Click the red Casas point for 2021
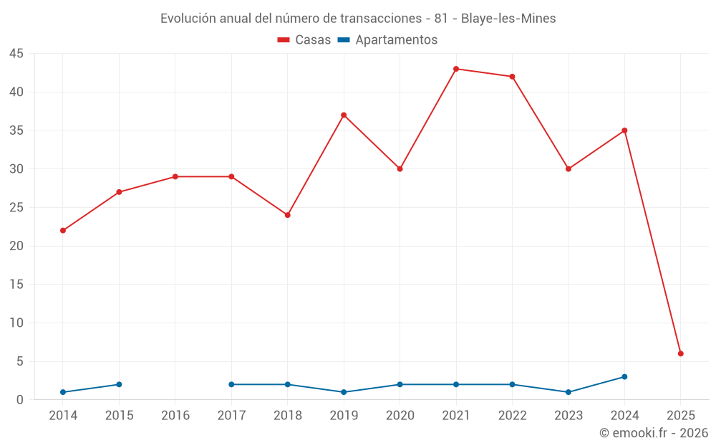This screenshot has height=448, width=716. click(456, 69)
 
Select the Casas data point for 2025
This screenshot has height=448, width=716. click(681, 353)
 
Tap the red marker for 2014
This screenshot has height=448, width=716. click(63, 231)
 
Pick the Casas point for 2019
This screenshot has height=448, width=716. click(344, 115)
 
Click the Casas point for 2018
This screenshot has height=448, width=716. click(288, 215)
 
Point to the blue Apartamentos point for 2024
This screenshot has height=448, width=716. click(624, 377)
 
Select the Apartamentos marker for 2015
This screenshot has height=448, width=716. click(119, 384)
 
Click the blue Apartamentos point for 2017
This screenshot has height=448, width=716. click(231, 384)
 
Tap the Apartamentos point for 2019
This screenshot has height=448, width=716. click(344, 392)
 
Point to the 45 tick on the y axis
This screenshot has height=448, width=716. click(16, 54)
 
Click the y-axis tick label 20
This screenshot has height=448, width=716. click(16, 246)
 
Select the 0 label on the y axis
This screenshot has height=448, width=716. click(20, 400)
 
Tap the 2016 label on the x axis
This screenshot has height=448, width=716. click(175, 416)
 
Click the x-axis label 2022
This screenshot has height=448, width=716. click(512, 416)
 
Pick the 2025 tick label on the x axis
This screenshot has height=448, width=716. click(681, 416)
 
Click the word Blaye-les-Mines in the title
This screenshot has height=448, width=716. click(508, 19)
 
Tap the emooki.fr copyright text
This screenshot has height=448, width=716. click(654, 433)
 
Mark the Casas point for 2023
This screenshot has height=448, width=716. click(569, 169)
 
